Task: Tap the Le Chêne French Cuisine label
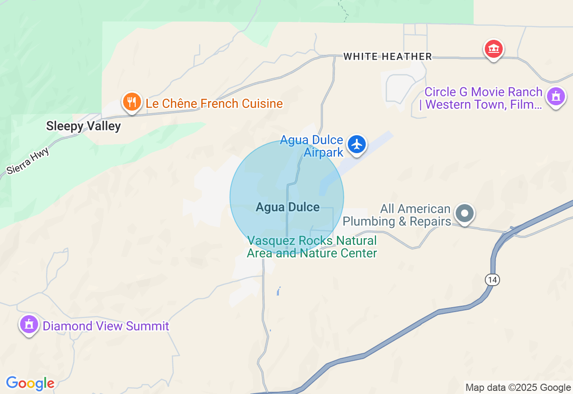pos(214,104)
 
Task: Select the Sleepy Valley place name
pos(83,126)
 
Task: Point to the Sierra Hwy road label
pos(28,161)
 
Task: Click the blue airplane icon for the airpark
pos(357,145)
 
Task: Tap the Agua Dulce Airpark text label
pos(312,146)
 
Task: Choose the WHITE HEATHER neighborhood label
pos(388,56)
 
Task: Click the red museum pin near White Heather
pos(493,49)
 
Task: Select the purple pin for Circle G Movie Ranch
pos(556,96)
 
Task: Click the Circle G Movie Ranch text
pos(483,98)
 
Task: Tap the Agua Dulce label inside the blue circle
pos(287,207)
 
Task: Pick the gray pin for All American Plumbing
pos(465,214)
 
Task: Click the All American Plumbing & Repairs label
pos(397,215)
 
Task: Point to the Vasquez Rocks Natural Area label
pos(312,247)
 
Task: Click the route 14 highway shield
pos(492,280)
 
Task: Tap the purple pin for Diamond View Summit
pos(29,324)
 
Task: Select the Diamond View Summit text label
pos(106,326)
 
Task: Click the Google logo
pos(30,383)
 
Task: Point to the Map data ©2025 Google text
pos(518,388)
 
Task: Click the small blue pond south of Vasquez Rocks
pos(278,291)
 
